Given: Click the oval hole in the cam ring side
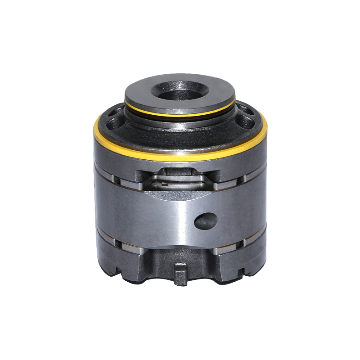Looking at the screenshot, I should tap(205, 220).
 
